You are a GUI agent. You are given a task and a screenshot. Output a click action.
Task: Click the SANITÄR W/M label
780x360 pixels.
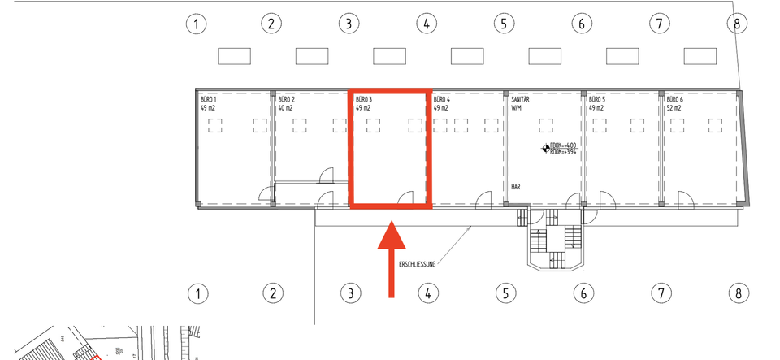pyautogui.click(x=520, y=102)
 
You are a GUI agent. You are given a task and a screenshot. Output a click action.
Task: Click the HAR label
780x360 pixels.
pyautogui.click(x=516, y=187)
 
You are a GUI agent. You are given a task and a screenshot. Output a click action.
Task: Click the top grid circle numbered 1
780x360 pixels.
pyautogui.click(x=196, y=24)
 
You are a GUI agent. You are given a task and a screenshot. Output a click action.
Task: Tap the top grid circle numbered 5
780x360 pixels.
pyautogui.click(x=505, y=24)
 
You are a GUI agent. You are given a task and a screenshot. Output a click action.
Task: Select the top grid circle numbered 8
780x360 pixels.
pyautogui.click(x=737, y=24)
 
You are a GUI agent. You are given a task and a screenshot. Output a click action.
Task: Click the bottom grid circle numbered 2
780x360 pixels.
pyautogui.click(x=274, y=293)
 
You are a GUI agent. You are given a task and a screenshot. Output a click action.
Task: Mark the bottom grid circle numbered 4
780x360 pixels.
pyautogui.click(x=426, y=293)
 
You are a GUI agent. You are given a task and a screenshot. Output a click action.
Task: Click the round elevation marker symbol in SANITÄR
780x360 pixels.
pyautogui.click(x=544, y=148)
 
